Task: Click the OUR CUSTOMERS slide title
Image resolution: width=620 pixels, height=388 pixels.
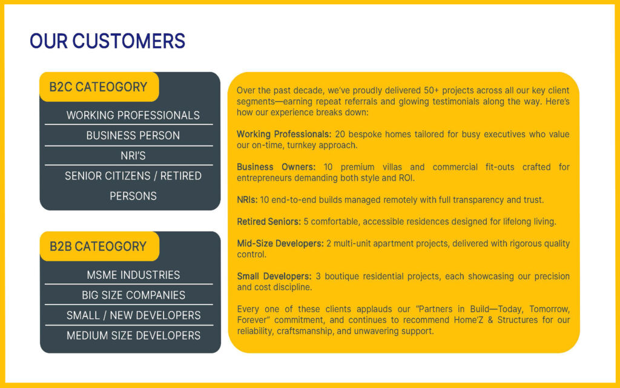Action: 108,41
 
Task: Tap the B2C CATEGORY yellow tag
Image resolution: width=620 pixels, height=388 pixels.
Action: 99,87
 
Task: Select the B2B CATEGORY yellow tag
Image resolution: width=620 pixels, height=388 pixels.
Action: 100,246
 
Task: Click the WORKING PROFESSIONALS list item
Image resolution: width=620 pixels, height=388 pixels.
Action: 133,115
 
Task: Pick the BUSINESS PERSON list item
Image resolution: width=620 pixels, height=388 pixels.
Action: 133,135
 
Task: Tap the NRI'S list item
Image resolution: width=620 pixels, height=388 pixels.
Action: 133,156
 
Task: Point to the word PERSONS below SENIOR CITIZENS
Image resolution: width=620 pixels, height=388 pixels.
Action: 133,196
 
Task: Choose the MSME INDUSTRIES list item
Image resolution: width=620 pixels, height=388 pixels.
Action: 133,275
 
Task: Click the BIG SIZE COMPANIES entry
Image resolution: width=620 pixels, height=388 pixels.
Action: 133,295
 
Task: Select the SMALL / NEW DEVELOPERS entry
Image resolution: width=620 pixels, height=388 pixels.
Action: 133,315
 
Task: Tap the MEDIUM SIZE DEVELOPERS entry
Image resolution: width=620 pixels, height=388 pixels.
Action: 133,335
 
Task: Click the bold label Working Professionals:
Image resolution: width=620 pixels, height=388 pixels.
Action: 284,134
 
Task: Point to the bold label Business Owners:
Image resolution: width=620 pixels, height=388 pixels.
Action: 276,167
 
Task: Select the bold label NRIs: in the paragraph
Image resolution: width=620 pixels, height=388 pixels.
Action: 247,200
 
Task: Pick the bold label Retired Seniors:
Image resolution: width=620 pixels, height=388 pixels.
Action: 269,222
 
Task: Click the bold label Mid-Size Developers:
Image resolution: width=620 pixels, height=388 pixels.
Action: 280,244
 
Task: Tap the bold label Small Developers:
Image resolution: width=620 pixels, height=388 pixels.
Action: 274,276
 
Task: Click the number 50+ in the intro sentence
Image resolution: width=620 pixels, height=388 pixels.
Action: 431,90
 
